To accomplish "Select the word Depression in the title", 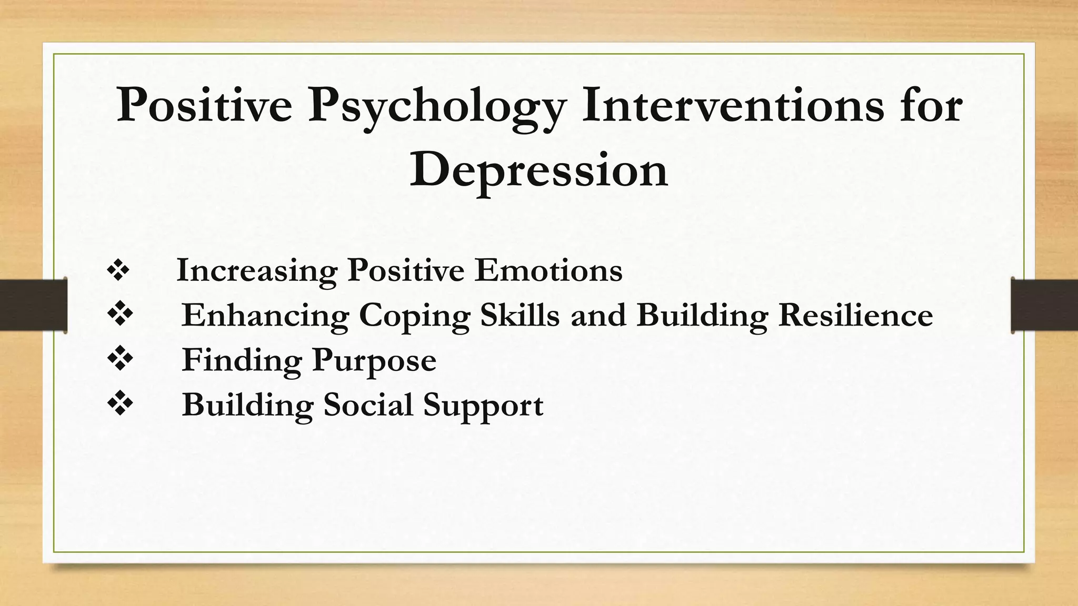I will pos(538,169).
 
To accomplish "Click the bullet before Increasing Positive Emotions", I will pos(118,271).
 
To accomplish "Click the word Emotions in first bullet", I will pos(548,271).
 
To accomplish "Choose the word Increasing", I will pos(256,272).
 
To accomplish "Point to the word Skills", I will pos(520,315).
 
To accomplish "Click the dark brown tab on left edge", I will pos(33,305).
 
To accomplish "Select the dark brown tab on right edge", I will pos(1044,305).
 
